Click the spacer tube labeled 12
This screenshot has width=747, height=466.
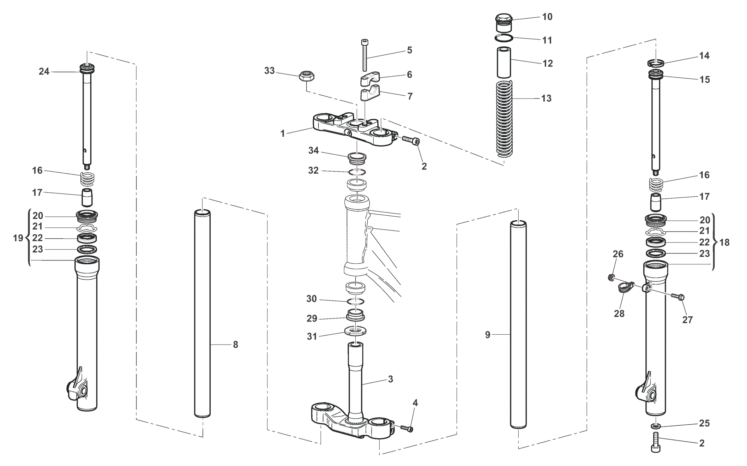(x=504, y=62)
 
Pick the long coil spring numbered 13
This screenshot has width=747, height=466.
(x=504, y=118)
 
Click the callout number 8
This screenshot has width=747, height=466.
(x=236, y=345)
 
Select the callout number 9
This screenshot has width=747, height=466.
(x=488, y=335)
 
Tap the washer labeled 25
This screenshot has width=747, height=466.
(x=656, y=426)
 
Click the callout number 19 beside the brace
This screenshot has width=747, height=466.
(x=18, y=238)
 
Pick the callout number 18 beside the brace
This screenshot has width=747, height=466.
(x=724, y=243)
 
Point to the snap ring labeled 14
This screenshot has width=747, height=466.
(x=656, y=63)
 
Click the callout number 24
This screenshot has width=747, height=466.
(x=44, y=72)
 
